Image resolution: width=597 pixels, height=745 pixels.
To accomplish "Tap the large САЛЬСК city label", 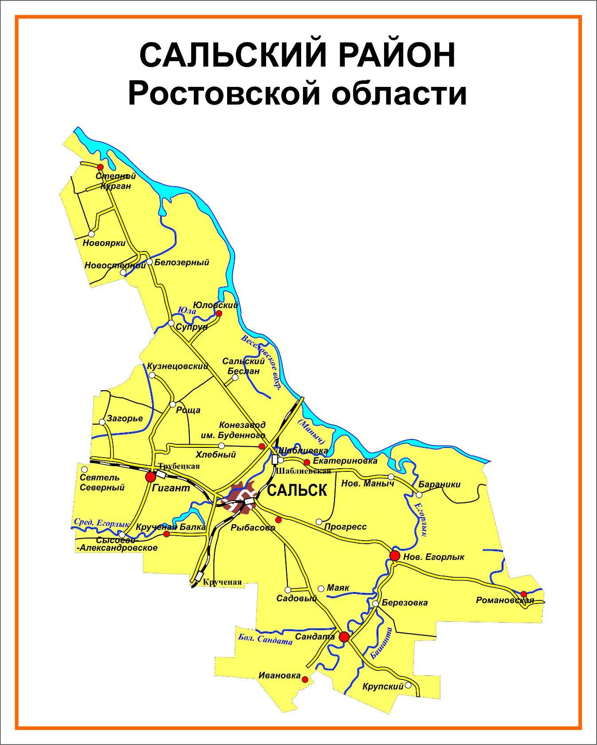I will [297, 490].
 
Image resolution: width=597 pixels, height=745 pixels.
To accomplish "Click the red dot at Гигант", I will [151, 477].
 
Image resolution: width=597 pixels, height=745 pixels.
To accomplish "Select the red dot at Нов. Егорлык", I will [394, 556].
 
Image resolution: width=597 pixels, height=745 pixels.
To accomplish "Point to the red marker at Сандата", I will [344, 637].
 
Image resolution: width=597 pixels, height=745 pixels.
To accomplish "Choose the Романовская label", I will [504, 600].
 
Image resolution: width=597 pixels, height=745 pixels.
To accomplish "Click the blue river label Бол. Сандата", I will [265, 639].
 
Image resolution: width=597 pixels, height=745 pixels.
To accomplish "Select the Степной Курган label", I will [116, 181].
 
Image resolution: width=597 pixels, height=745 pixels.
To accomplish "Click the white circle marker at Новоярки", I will [91, 234].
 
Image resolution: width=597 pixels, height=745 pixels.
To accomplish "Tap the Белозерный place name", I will [181, 263].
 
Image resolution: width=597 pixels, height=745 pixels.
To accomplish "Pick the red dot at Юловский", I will [219, 314].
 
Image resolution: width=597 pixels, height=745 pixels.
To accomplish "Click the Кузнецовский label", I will [178, 366].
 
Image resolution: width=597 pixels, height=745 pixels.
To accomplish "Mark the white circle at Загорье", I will [102, 422].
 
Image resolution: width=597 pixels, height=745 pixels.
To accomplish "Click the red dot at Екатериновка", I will [306, 462].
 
